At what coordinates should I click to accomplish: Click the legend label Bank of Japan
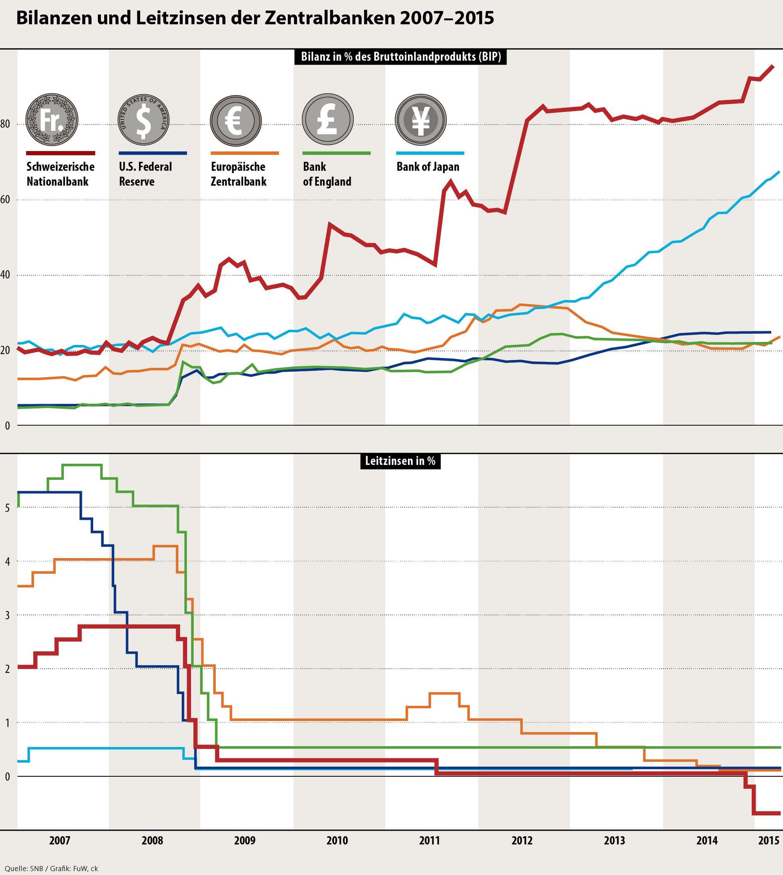tap(428, 167)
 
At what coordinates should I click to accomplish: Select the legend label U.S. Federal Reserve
tap(145, 174)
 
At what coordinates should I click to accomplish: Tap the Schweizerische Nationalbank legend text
tap(60, 174)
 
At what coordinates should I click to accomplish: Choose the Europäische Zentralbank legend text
tap(238, 174)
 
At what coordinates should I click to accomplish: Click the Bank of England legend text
tap(327, 174)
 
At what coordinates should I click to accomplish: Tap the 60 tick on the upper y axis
tap(5, 200)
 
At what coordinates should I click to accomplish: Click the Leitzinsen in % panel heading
tap(400, 461)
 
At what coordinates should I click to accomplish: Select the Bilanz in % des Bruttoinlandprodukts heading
tap(401, 57)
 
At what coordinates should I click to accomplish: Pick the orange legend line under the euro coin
tap(244, 153)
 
